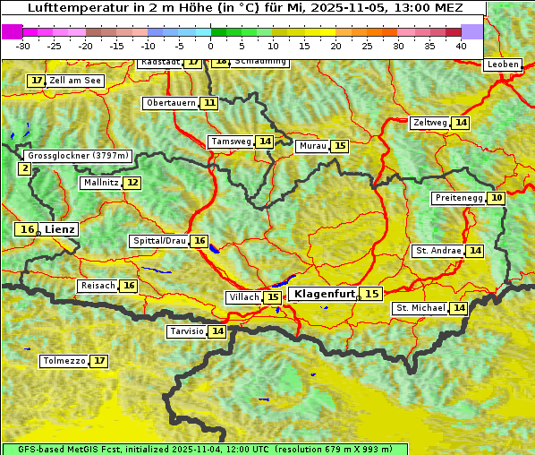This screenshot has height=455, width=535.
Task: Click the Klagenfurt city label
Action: (x=325, y=293)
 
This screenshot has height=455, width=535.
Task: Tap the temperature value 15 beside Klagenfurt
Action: (x=371, y=293)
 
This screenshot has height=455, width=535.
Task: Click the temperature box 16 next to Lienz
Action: (x=27, y=229)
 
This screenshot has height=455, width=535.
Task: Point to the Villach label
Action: (x=244, y=297)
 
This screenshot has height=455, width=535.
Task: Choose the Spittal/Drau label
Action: (x=159, y=241)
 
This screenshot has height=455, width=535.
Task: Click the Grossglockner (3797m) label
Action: (x=78, y=156)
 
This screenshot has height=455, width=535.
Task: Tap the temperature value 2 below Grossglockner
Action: (x=24, y=167)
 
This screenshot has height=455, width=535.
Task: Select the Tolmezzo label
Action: (x=64, y=361)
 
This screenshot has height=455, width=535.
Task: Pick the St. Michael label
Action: (x=420, y=308)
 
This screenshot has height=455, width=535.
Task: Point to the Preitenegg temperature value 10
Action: (x=496, y=197)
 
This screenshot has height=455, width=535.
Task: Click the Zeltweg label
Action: (x=429, y=123)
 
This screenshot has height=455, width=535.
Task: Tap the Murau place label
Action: (x=312, y=146)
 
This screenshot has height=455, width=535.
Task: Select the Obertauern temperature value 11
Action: (x=209, y=103)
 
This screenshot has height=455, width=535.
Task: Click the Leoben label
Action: (x=502, y=64)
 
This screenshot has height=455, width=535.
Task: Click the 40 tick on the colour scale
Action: (x=461, y=46)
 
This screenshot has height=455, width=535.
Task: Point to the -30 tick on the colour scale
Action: (x=23, y=46)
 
